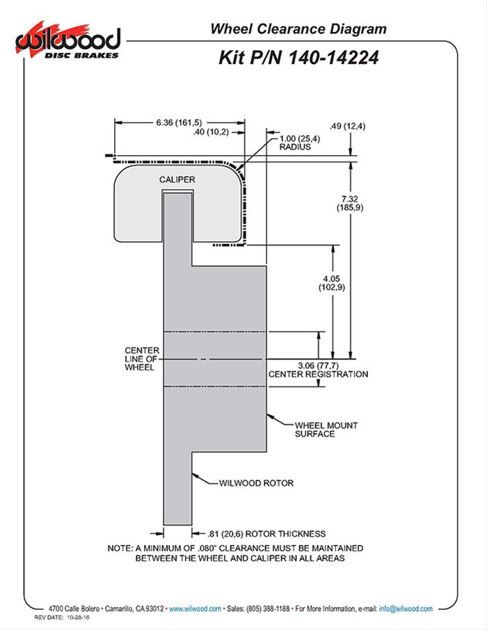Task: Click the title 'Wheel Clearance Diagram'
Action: pyautogui.click(x=298, y=29)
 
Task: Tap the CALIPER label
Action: pyautogui.click(x=177, y=179)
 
